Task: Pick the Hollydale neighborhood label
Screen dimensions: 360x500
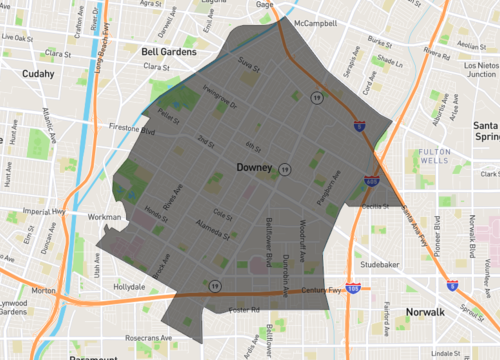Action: pos(129,286)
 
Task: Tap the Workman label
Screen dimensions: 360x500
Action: pos(105,216)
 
